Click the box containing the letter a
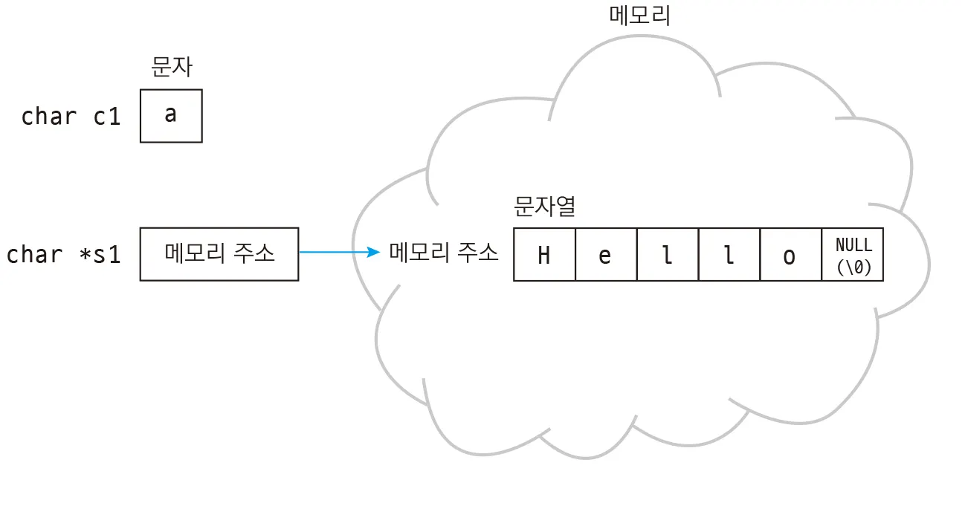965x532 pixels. click(171, 116)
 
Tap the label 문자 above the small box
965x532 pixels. click(172, 67)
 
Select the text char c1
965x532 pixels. click(71, 117)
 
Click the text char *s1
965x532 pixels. click(63, 254)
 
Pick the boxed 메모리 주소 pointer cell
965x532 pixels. click(219, 254)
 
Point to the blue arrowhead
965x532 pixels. click(373, 252)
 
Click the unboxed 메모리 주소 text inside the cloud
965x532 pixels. click(444, 252)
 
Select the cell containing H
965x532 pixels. click(544, 255)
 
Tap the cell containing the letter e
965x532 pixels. click(606, 255)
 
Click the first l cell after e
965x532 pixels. click(668, 255)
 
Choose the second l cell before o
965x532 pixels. click(729, 255)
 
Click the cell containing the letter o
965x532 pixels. click(791, 255)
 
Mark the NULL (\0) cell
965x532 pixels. click(853, 255)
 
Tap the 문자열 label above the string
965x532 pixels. click(544, 206)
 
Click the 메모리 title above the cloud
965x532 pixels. click(640, 16)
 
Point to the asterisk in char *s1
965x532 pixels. click(85, 254)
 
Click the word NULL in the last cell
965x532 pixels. click(853, 245)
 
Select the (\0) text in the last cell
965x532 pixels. click(853, 267)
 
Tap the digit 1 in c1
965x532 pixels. click(114, 117)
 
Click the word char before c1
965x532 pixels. click(49, 117)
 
